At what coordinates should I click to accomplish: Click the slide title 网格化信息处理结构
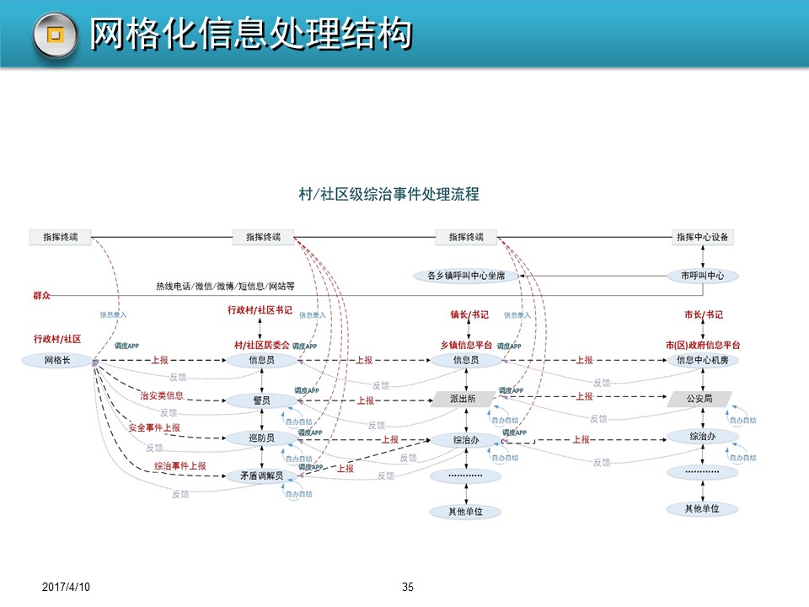251,35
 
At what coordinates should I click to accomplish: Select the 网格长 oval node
56,361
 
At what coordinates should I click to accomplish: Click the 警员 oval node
261,400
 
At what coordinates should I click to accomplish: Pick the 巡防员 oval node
261,438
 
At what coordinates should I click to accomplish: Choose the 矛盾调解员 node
261,476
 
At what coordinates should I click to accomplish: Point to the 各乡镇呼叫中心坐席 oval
466,276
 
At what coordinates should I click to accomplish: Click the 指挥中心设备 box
702,238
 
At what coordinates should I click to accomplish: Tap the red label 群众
41,296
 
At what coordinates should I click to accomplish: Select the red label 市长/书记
703,314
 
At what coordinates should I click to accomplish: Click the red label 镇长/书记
469,314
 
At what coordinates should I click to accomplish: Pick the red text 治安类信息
161,395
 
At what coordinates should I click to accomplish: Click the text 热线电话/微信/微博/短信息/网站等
225,287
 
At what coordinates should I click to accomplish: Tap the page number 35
409,587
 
